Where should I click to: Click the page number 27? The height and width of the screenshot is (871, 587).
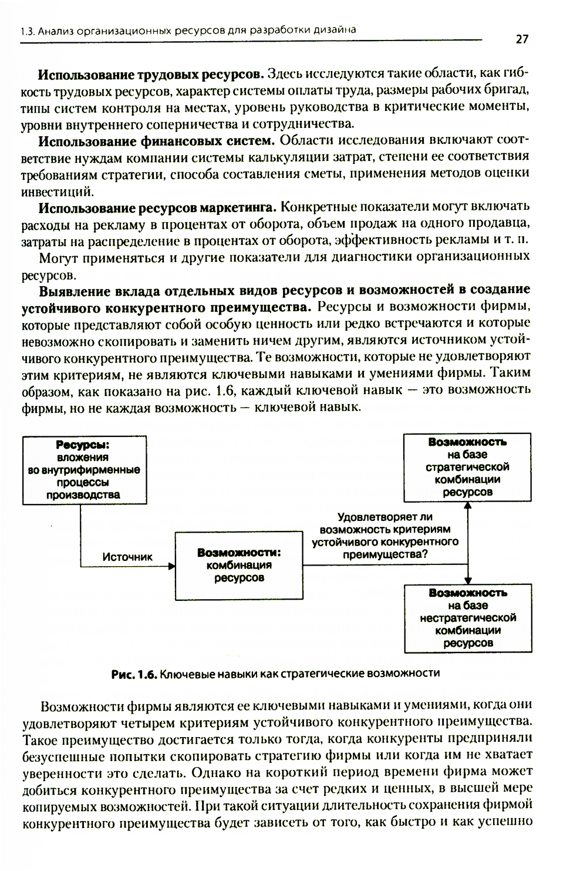pyautogui.click(x=522, y=39)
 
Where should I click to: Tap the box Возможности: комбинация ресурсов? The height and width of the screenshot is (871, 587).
pyautogui.click(x=239, y=565)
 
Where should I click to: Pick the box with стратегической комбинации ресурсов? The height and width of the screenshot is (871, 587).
pyautogui.click(x=467, y=467)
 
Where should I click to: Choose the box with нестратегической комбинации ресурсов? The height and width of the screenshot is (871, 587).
pyautogui.click(x=468, y=618)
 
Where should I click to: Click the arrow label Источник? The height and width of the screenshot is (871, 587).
pyautogui.click(x=127, y=557)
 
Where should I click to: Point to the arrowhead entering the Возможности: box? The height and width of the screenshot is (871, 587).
pyautogui.click(x=172, y=566)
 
